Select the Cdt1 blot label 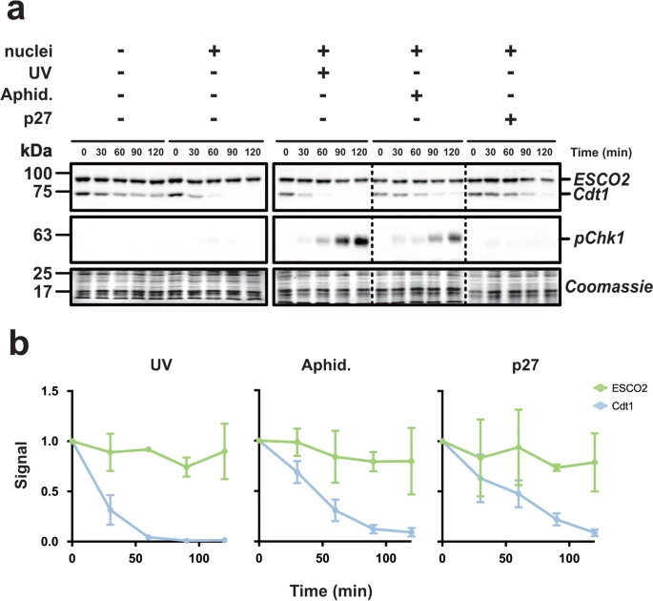point(587,195)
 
